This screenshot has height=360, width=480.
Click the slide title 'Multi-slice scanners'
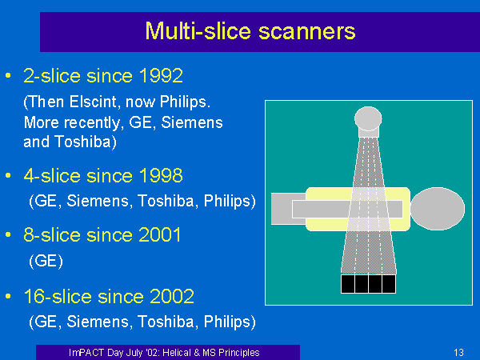pos(250,31)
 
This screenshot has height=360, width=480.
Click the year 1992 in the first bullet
pos(161,76)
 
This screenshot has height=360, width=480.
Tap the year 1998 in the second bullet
pos(161,176)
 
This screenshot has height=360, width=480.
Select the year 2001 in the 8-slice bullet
pos(160,234)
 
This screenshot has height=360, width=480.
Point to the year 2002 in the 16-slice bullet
pos(172,296)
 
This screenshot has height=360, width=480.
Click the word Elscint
pos(94,102)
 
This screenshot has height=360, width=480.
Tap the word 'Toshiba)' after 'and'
pos(86,142)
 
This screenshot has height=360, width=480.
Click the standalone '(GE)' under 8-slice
pos(46,261)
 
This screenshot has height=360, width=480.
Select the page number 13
pos(458,352)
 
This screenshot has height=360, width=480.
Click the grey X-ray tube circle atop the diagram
pos(368,118)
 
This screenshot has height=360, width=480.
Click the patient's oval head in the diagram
pos(438,209)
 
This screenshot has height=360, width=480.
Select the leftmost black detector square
pos(348,284)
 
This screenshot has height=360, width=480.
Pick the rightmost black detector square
pos(389,284)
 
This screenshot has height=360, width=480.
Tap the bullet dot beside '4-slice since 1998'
pos(8,175)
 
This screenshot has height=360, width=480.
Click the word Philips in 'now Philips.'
pos(186,102)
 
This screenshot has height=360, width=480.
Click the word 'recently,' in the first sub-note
pos(93,122)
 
